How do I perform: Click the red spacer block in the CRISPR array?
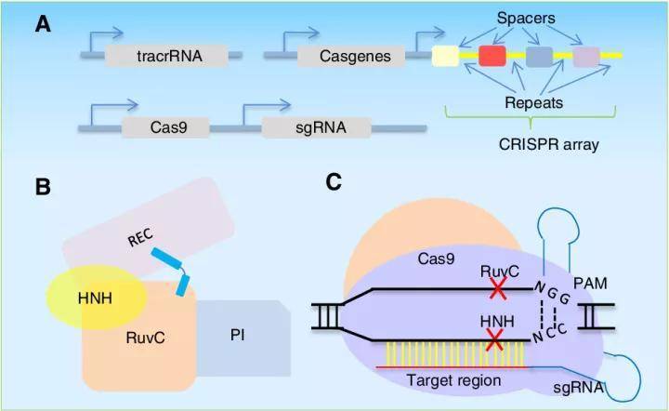click(492, 57)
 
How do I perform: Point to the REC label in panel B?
click(139, 240)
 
